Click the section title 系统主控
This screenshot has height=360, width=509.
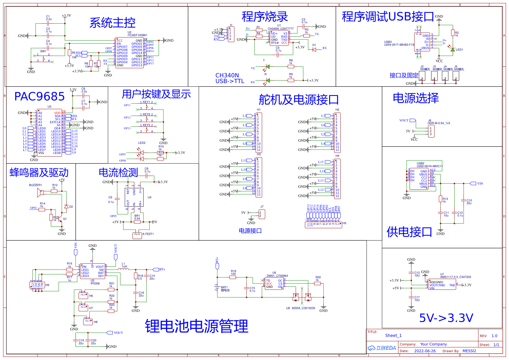[112, 23]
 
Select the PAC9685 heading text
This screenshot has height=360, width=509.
[39, 97]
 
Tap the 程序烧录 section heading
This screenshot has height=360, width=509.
[265, 17]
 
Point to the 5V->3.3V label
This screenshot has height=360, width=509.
[446, 318]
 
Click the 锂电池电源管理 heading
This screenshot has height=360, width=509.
[196, 326]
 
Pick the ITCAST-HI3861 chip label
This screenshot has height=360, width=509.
[137, 35]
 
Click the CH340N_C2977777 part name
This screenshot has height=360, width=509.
[281, 29]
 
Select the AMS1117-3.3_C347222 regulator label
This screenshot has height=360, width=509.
[455, 277]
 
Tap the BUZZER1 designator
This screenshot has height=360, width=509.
[35, 185]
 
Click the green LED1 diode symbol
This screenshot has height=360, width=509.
[452, 50]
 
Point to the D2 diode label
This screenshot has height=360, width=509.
[71, 207]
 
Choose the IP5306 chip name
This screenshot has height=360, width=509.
[95, 283]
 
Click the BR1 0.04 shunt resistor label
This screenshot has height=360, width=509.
[137, 217]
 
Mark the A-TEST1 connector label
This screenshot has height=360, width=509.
[148, 234]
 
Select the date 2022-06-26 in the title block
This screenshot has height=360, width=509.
[425, 351]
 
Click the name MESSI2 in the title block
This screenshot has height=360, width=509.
[469, 351]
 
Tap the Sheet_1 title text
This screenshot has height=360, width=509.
[393, 336]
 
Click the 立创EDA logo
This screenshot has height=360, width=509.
[382, 348]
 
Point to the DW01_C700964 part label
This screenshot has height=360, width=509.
[277, 276]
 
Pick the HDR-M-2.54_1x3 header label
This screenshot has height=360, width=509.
[438, 123]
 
